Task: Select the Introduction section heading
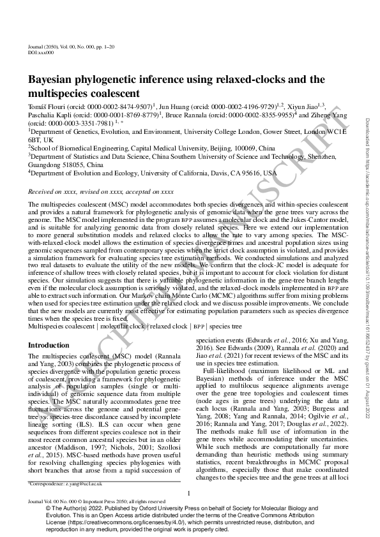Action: click(50, 345)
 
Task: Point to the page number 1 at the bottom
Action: click(190, 494)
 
